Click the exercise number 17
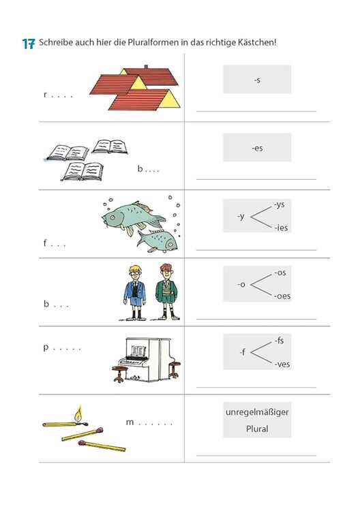point(29,44)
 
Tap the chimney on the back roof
point(146,67)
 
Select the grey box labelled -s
point(257,79)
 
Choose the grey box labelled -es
point(257,147)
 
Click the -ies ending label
point(281,228)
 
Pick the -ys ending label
point(280,204)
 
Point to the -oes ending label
point(282,296)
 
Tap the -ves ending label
point(282,364)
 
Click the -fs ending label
point(279,341)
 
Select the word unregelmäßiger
point(257,412)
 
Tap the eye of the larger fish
point(112,217)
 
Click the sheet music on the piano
point(138,351)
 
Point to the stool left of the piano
point(119,374)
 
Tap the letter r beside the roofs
point(45,95)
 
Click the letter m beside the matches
point(130,422)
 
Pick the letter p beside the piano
point(46,347)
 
